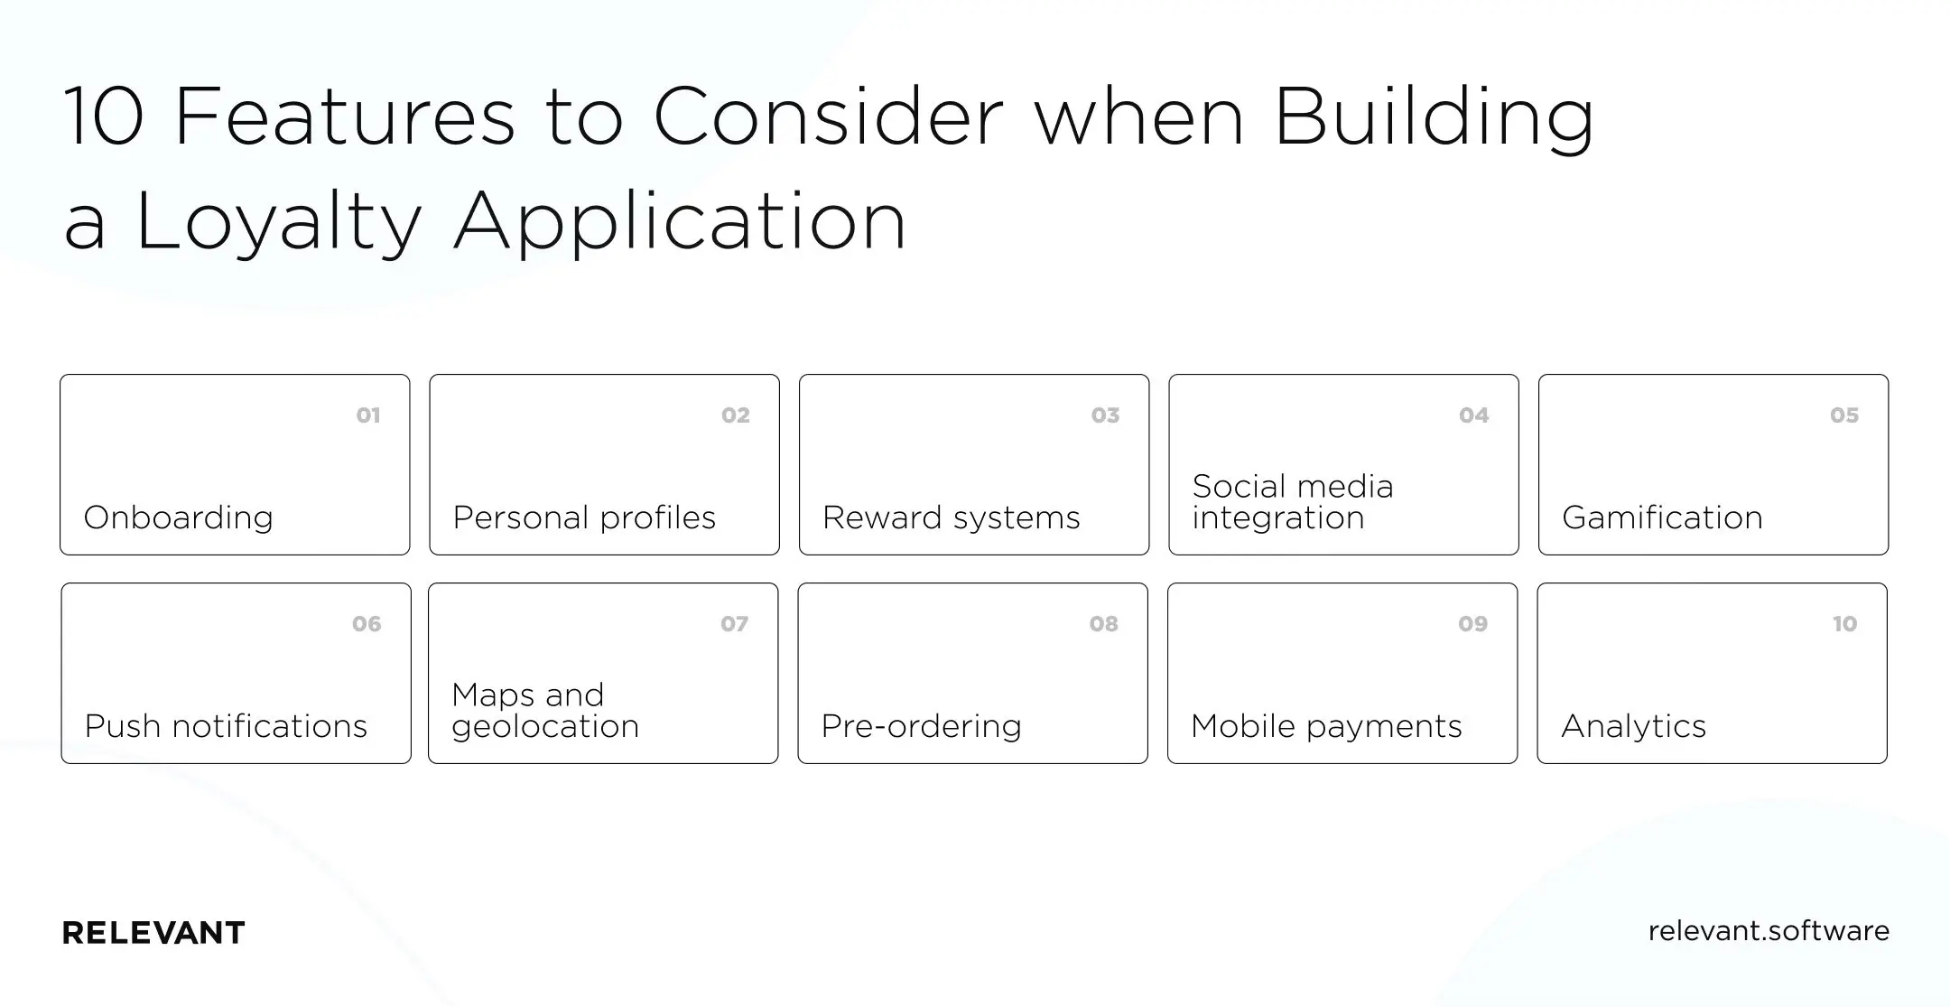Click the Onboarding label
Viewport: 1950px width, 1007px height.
[178, 518]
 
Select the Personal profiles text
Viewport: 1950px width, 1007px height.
[584, 518]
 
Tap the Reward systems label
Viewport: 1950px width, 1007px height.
[951, 518]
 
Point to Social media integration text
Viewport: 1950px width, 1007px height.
[1292, 502]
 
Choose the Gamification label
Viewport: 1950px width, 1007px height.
[1661, 518]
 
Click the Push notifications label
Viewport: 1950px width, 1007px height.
[226, 726]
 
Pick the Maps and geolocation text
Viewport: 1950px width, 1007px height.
[544, 711]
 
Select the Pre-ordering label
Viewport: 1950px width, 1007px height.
[921, 726]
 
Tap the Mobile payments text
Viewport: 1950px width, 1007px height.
[1325, 726]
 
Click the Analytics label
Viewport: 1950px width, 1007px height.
[1633, 726]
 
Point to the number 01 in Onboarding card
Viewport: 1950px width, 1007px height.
[367, 415]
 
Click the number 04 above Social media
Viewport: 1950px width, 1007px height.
[1473, 415]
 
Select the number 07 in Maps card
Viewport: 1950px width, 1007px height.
[734, 624]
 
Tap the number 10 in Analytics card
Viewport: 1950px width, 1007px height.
[1844, 624]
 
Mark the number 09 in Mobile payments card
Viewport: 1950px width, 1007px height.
[1472, 624]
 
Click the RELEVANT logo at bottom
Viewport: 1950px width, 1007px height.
[153, 933]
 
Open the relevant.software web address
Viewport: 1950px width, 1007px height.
[1768, 931]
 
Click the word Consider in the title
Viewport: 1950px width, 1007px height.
[828, 117]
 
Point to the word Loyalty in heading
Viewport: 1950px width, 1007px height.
[279, 221]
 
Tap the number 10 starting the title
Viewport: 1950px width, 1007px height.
[104, 117]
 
